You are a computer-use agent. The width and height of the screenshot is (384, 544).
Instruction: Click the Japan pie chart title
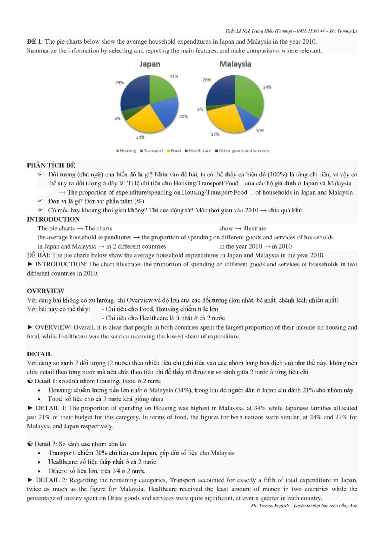coord(150,64)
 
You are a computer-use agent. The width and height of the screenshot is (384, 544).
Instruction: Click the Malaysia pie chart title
coord(235,64)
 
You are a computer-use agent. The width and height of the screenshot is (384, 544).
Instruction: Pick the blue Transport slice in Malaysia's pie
coord(251,120)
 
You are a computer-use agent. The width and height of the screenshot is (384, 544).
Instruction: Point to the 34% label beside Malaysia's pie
coord(267,87)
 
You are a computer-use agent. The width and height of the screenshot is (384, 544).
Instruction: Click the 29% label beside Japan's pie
coord(119,83)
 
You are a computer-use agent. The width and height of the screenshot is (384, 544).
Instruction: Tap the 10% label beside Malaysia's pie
coord(260,131)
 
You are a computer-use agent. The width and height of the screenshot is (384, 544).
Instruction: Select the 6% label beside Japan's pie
coord(117,119)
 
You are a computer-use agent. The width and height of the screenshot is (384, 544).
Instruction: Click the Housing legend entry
coord(126,151)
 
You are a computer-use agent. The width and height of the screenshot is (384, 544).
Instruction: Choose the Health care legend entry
coord(198,151)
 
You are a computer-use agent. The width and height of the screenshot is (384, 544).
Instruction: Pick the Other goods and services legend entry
coord(242,151)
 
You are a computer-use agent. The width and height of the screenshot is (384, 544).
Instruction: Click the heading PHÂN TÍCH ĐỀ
coord(51,165)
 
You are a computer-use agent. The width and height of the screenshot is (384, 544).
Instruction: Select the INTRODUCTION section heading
coord(53,219)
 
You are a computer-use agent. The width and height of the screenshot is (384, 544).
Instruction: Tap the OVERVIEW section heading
coord(45,291)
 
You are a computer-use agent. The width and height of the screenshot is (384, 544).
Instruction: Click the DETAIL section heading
coord(39,354)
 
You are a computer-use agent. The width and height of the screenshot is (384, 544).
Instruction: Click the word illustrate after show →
coord(255,228)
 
